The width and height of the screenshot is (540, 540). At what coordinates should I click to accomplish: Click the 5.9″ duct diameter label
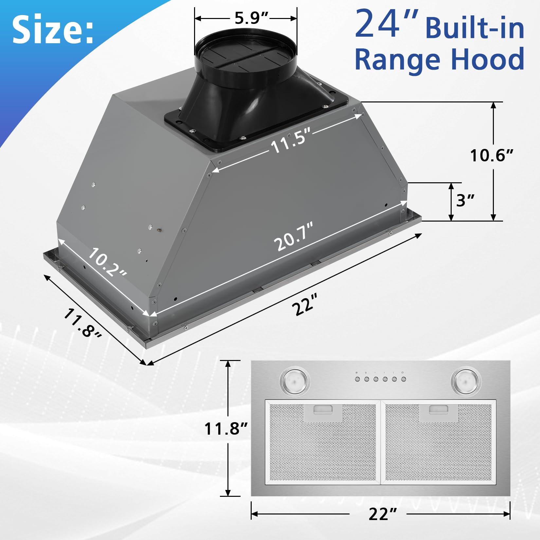(x=251, y=18)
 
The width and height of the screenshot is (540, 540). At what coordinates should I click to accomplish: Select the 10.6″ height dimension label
(x=491, y=155)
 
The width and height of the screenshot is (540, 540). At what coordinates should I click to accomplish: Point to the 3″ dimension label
(x=465, y=200)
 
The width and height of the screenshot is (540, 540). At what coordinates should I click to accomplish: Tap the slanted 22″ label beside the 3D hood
(x=305, y=305)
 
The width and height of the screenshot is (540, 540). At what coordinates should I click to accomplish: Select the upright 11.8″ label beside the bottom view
(x=226, y=428)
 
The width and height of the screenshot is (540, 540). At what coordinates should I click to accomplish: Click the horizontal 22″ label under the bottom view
(x=383, y=514)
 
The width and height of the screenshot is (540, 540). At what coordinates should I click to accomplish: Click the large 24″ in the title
(x=386, y=25)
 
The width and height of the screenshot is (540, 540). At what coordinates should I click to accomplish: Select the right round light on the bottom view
(x=465, y=381)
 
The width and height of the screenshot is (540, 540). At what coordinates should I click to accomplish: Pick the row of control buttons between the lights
(x=380, y=379)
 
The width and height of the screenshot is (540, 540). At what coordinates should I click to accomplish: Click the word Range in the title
(x=398, y=59)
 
